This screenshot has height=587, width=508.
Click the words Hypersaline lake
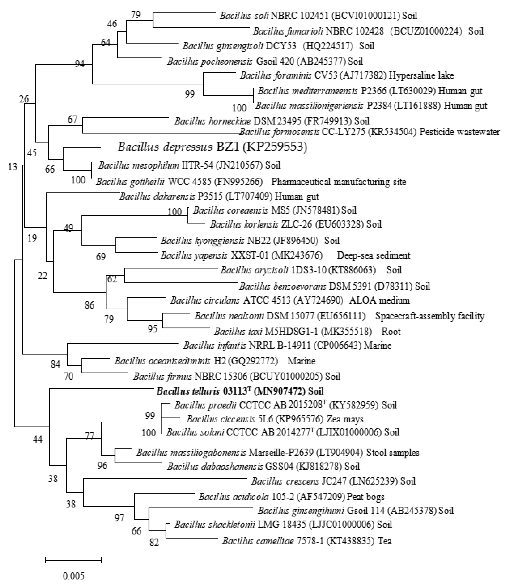[421, 75]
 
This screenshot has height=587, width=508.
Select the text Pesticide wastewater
[459, 132]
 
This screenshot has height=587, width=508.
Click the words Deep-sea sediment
[373, 255]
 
